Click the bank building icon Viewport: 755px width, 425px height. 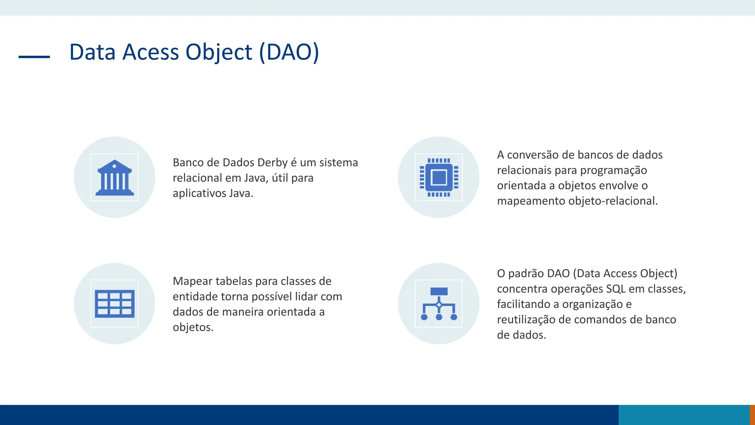point(115,177)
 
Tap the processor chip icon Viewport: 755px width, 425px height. point(439,177)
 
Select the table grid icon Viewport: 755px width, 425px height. point(115,304)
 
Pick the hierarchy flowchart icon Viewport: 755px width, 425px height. point(439,304)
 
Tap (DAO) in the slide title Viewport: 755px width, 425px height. point(289,52)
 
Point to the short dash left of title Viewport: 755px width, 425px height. point(34,57)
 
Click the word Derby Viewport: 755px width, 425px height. point(272,163)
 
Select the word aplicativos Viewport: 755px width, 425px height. point(199,193)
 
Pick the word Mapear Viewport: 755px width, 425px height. point(192,281)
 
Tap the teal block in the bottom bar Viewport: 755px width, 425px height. point(683,415)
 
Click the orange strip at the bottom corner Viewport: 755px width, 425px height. point(752,415)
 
